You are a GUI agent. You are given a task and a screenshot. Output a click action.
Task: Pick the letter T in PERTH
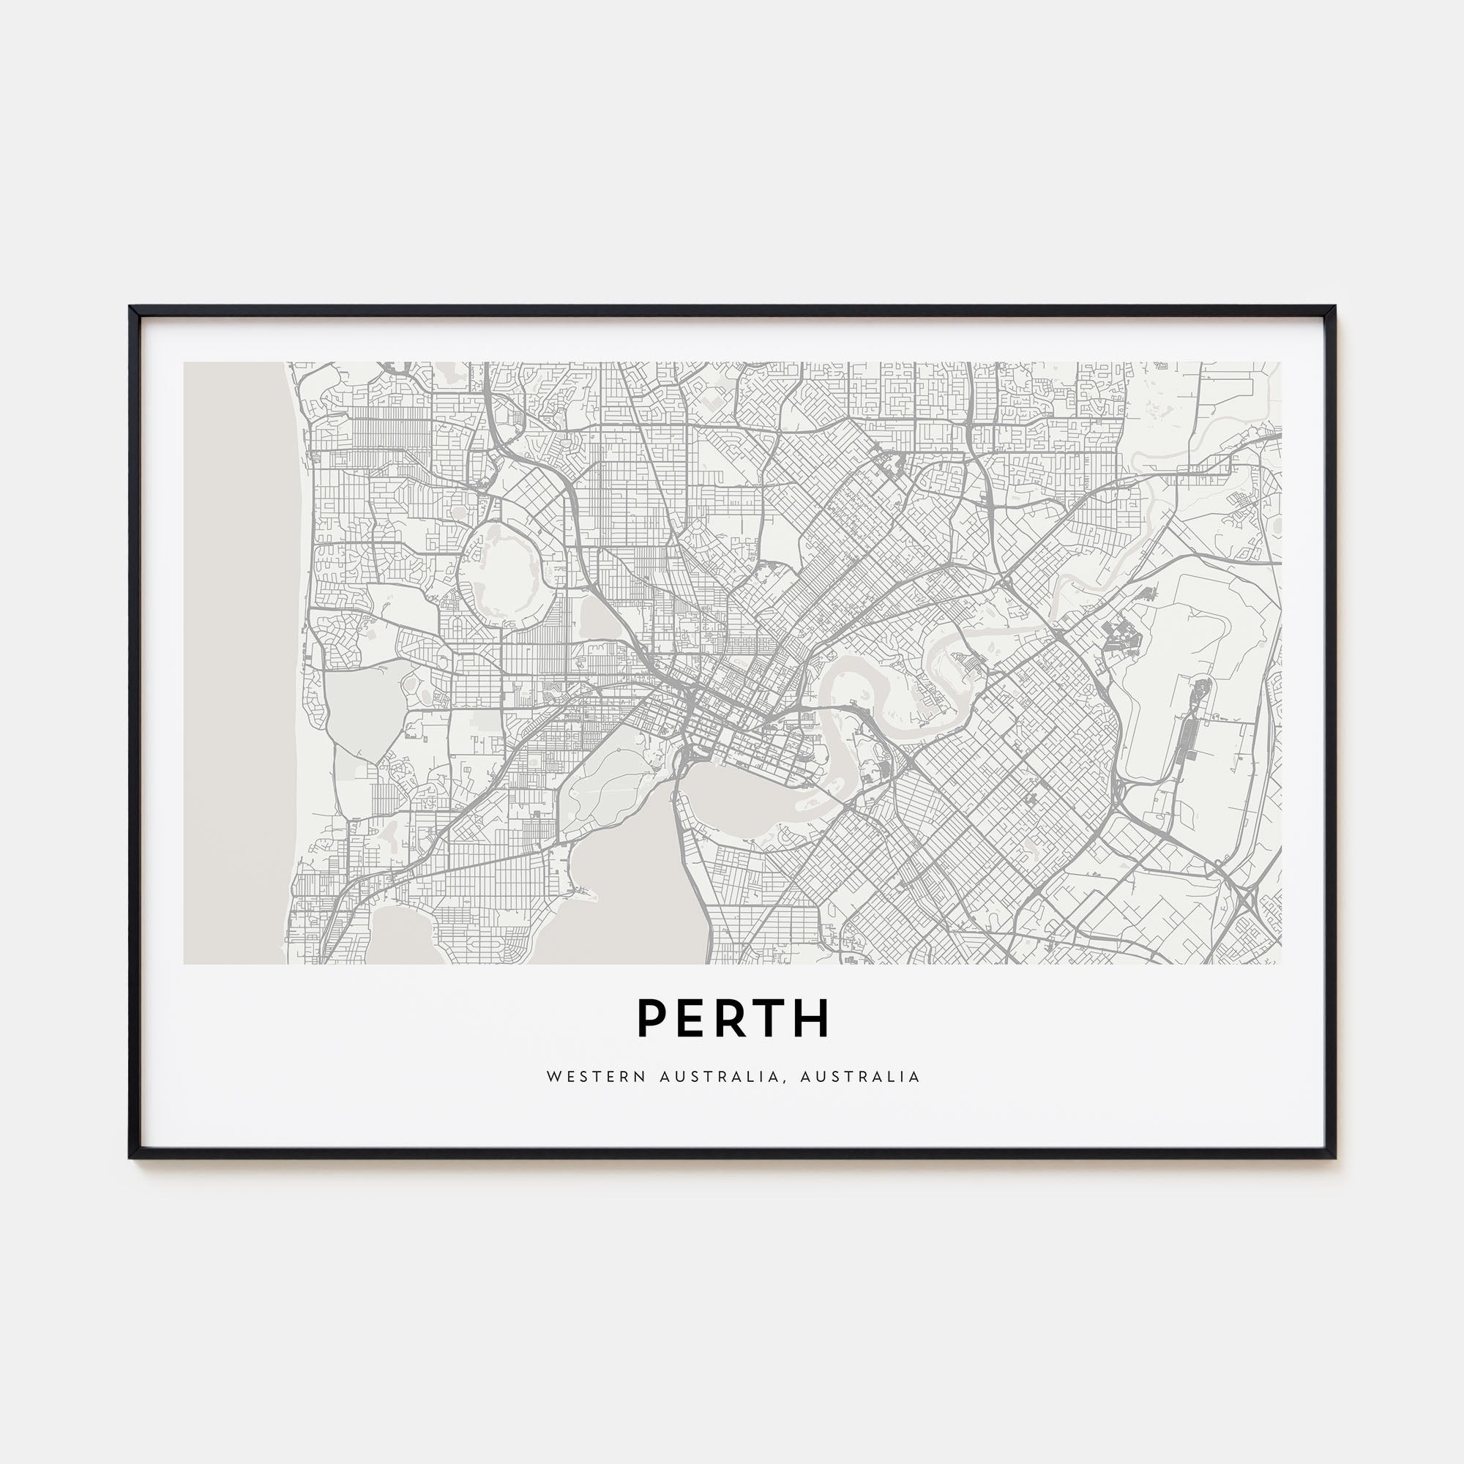[771, 1017]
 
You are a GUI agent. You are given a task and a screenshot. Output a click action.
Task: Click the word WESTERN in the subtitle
[596, 1077]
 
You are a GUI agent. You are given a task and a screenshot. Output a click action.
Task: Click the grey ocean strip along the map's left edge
[235, 660]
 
